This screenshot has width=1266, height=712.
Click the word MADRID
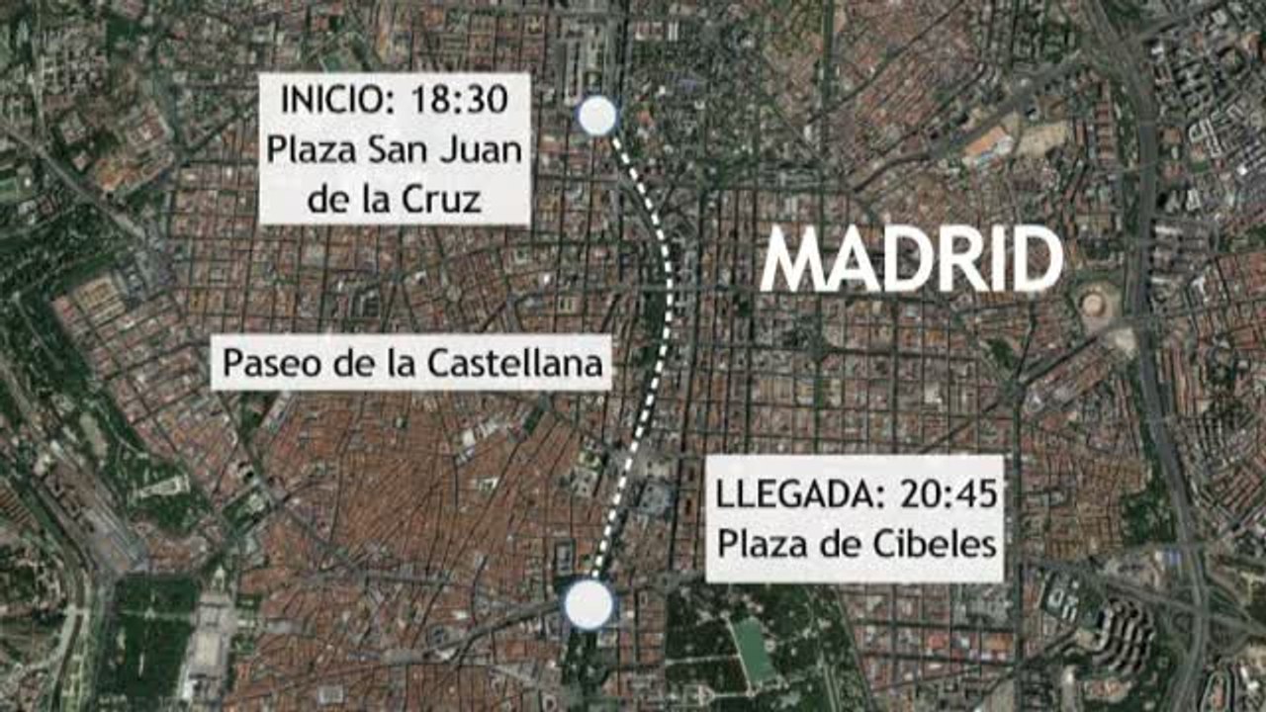click(911, 260)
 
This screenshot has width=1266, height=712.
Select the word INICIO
click(334, 100)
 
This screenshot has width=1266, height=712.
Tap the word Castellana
click(515, 364)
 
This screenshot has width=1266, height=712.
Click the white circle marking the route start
click(596, 117)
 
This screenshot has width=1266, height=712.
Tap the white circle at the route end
click(588, 604)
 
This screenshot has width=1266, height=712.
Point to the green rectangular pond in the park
click(755, 650)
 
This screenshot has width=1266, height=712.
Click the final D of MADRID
click(1033, 260)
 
